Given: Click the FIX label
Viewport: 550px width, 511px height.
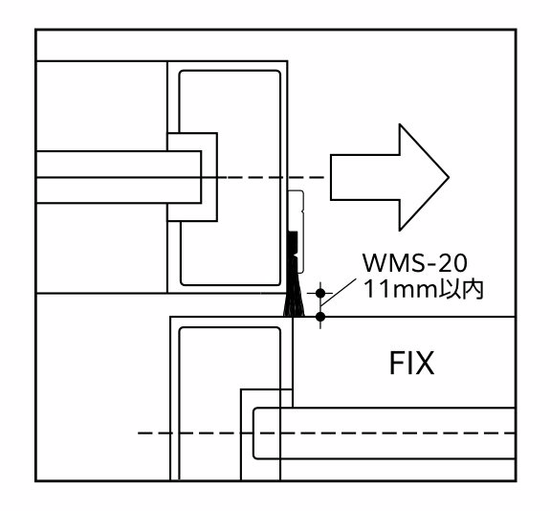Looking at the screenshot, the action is pos(412,363).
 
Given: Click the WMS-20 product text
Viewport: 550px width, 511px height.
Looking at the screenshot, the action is pos(414,263).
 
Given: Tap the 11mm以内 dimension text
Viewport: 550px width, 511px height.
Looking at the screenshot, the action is pos(424,290).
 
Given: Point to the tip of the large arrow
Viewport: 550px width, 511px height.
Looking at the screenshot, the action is pos(449,178).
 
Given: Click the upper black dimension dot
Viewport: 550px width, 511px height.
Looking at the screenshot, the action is pos(320,293).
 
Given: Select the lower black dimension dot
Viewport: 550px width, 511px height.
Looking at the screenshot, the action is pos(320,317).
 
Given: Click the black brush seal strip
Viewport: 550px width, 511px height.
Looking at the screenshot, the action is pos(293,274).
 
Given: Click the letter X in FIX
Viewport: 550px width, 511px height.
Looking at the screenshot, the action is pos(426,363).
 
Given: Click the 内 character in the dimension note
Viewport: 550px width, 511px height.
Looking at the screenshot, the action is pos(473,290).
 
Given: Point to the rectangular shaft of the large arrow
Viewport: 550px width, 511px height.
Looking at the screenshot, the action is pos(364,178).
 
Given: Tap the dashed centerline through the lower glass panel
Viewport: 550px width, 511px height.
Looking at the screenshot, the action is pos(326,433).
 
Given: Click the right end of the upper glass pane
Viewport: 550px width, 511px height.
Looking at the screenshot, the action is pos(201,177).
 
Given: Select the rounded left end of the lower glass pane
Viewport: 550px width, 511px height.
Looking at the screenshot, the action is pos(253,433).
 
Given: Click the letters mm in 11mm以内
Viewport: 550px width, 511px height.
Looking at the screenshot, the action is pos(410,292).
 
